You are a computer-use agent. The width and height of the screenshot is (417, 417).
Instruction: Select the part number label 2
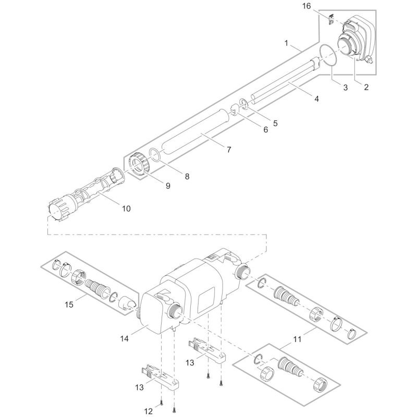click(366, 87)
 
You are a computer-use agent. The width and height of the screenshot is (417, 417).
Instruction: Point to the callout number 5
click(275, 124)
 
